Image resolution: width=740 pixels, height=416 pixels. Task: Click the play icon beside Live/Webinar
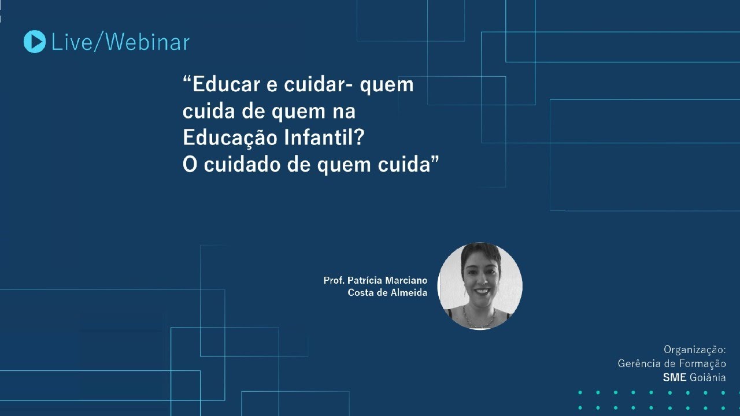[x=35, y=42]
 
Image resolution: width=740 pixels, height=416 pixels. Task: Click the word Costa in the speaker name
[x=360, y=293]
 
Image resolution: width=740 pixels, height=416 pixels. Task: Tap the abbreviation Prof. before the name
[x=334, y=280]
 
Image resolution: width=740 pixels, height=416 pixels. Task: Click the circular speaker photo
[x=480, y=286]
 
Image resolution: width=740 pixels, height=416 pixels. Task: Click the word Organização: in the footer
[x=694, y=350]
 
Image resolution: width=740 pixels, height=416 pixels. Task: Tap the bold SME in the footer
[x=675, y=377]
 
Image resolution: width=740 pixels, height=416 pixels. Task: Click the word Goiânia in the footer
[x=708, y=377]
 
